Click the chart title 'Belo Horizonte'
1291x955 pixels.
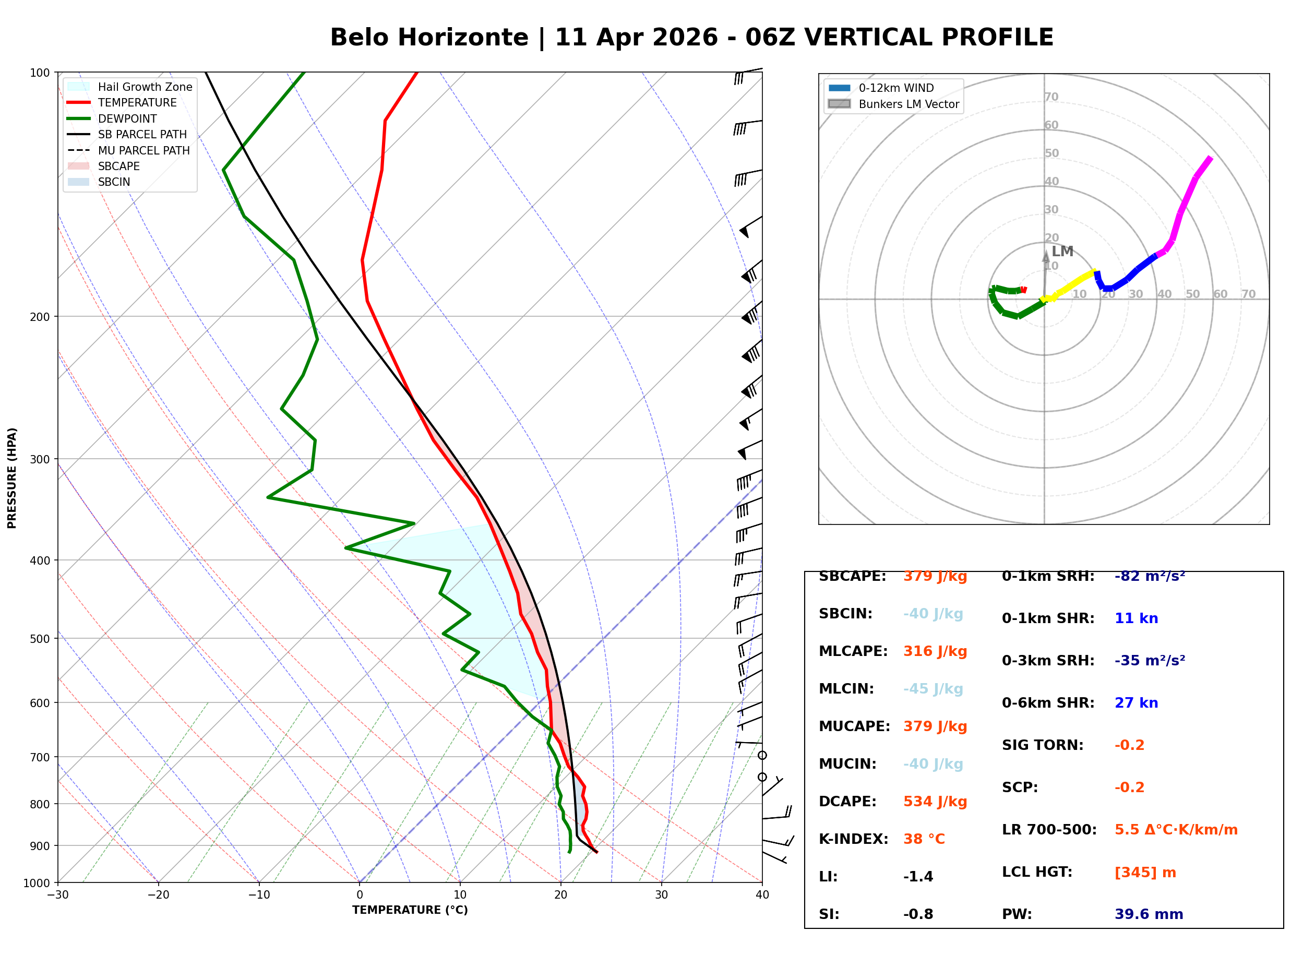tap(429, 38)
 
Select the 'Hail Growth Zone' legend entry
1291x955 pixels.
tap(145, 87)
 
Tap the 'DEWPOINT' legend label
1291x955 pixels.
tap(127, 118)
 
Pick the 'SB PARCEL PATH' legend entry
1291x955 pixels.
tap(142, 134)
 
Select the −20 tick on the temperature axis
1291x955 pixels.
tap(158, 895)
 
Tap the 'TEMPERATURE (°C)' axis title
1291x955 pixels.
tap(410, 910)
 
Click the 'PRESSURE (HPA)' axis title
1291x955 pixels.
tap(12, 478)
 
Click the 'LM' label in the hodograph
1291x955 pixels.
tap(1062, 252)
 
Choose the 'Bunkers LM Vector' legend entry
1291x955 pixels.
tap(909, 104)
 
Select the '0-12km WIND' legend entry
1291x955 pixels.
tap(896, 88)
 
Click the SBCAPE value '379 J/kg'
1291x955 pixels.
tap(935, 576)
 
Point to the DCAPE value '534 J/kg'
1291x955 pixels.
tap(935, 802)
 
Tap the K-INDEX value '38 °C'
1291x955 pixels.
tap(924, 839)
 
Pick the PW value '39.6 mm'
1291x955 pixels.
tap(1149, 914)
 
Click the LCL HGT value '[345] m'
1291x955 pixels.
tap(1145, 873)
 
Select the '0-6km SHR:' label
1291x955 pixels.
tap(1048, 703)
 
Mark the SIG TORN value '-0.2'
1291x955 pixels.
tap(1129, 745)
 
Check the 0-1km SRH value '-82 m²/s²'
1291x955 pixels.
tap(1150, 576)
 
